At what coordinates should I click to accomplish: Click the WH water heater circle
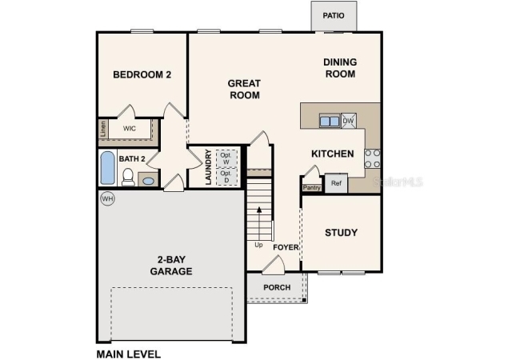tap(107, 199)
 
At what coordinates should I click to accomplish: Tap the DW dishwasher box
tap(349, 121)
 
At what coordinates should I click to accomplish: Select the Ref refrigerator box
tap(336, 183)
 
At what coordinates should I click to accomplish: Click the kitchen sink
tap(330, 121)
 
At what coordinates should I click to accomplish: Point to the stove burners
tap(373, 158)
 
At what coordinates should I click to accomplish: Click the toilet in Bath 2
tap(128, 177)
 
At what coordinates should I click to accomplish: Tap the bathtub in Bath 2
tap(107, 168)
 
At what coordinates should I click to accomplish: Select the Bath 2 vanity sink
tap(148, 181)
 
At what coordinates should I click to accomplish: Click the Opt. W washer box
tap(227, 158)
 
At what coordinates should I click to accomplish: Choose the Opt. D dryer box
tap(227, 177)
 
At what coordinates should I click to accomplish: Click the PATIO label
tap(334, 15)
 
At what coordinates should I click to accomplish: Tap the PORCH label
tap(277, 287)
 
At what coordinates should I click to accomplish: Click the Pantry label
tap(312, 188)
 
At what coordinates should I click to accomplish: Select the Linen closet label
tap(103, 129)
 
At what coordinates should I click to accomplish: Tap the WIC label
tap(130, 128)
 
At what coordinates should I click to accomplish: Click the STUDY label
tap(342, 233)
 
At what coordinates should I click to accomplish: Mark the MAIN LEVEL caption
tap(129, 354)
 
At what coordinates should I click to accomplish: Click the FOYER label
tap(286, 247)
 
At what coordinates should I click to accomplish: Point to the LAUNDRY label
tap(208, 167)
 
